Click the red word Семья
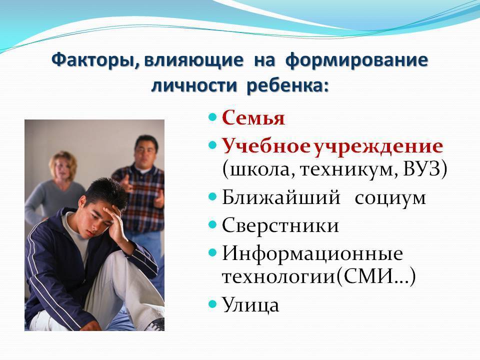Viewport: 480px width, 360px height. click(x=253, y=117)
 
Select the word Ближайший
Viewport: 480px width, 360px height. click(x=281, y=197)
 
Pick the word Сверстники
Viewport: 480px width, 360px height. click(x=280, y=226)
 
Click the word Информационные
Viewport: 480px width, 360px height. click(x=312, y=254)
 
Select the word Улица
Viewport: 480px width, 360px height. click(x=250, y=305)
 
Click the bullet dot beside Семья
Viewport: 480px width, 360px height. click(x=213, y=117)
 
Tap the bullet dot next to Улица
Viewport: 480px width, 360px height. click(x=213, y=304)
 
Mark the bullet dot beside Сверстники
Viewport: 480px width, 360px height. click(x=213, y=225)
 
